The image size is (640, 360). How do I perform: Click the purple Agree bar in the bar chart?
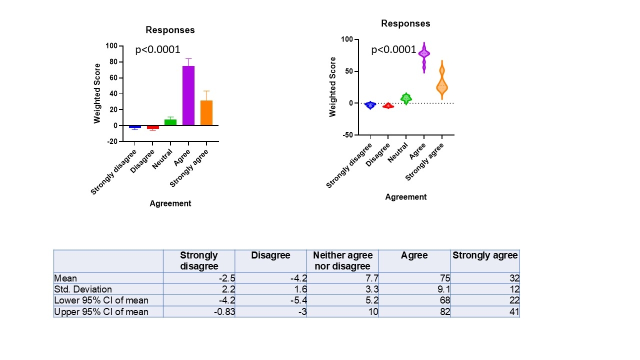(188, 95)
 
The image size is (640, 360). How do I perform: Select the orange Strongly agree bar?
(206, 112)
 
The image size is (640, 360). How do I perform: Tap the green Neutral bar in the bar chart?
(170, 122)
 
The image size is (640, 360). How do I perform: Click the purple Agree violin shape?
(424, 54)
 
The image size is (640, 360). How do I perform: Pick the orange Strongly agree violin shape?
(442, 85)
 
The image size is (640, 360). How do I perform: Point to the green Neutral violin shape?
(406, 98)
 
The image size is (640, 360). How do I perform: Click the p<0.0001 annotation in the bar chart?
(157, 49)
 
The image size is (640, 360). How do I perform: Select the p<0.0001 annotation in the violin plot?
(393, 49)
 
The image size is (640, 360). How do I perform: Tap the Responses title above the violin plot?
(405, 23)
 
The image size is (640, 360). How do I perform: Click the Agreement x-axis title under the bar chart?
(170, 203)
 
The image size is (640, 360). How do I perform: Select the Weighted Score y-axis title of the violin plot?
(333, 86)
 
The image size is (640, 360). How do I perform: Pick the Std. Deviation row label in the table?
(83, 289)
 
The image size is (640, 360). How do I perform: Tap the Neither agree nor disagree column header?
(342, 261)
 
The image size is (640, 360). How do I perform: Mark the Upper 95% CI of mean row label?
(101, 312)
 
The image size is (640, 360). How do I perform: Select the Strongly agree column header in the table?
(485, 255)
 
